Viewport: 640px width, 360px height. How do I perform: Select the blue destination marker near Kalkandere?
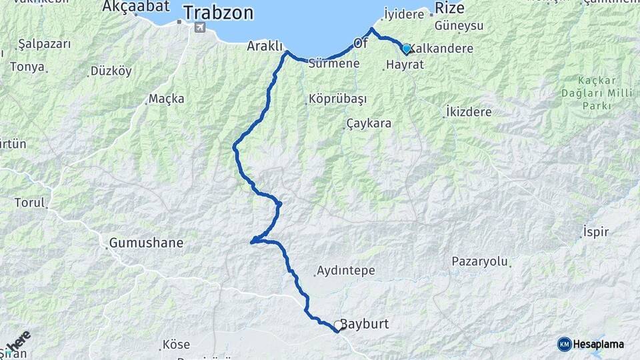pos(406,49)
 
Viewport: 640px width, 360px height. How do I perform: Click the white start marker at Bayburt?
pos(339,325)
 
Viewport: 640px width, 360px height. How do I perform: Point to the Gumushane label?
pos(145,243)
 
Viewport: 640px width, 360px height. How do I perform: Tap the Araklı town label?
pos(265,46)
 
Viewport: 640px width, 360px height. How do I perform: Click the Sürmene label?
pos(335,64)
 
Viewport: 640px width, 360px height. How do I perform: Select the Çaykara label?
pos(369,124)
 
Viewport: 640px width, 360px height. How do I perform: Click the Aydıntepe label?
pos(347,271)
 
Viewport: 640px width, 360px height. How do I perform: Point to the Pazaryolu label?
pos(479,261)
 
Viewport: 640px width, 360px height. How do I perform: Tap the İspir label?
pos(596,232)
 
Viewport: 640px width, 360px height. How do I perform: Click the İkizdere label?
pos(474,111)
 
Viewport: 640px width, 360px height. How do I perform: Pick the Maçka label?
pos(166,99)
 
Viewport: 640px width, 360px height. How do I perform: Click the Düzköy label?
pos(111,71)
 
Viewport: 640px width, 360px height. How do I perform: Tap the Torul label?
pos(29,203)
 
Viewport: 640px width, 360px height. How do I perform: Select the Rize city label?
pos(449,8)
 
